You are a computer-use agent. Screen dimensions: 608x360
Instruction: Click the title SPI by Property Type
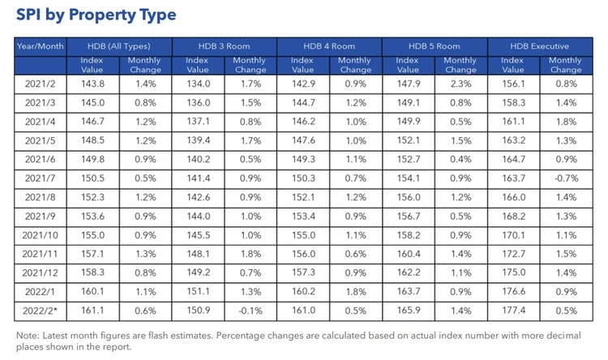click(x=96, y=15)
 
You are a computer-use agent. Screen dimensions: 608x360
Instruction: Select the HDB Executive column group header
click(x=539, y=46)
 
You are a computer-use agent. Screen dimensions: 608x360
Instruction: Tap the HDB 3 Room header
click(x=224, y=46)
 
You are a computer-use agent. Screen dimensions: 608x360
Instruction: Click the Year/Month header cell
click(x=41, y=46)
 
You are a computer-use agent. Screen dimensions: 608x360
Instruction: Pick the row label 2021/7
click(x=40, y=178)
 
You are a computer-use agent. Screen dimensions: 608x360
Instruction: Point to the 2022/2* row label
click(x=40, y=311)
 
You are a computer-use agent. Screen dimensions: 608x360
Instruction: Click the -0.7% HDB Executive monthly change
click(x=566, y=178)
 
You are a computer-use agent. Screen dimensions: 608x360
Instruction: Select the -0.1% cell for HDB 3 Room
click(x=250, y=311)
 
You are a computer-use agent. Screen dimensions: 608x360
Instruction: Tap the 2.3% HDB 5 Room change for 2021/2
click(x=460, y=84)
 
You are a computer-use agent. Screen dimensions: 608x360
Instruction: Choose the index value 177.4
click(x=514, y=311)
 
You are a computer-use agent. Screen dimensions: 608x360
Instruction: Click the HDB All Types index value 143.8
click(x=92, y=84)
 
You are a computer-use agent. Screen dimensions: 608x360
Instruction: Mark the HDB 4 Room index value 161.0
click(x=304, y=311)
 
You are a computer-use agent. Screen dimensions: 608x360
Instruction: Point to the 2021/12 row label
click(x=40, y=272)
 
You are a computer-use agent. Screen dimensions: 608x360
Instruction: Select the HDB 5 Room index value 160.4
click(x=409, y=254)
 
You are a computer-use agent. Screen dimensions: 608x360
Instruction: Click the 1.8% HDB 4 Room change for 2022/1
click(x=356, y=292)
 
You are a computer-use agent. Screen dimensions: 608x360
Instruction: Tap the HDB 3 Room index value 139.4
click(x=198, y=140)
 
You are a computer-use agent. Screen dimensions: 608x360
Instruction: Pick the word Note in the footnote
click(x=28, y=336)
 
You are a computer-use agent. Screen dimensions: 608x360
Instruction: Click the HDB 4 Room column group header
click(x=329, y=46)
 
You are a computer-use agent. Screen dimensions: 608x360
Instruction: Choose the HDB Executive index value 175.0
click(x=514, y=272)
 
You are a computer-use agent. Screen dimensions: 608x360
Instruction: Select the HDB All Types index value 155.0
click(x=92, y=235)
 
